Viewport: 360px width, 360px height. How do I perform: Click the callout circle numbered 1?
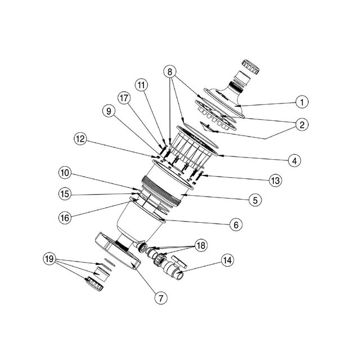click(303, 102)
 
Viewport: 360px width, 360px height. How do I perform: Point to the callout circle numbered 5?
click(254, 199)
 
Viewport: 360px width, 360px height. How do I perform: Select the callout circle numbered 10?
click(66, 172)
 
